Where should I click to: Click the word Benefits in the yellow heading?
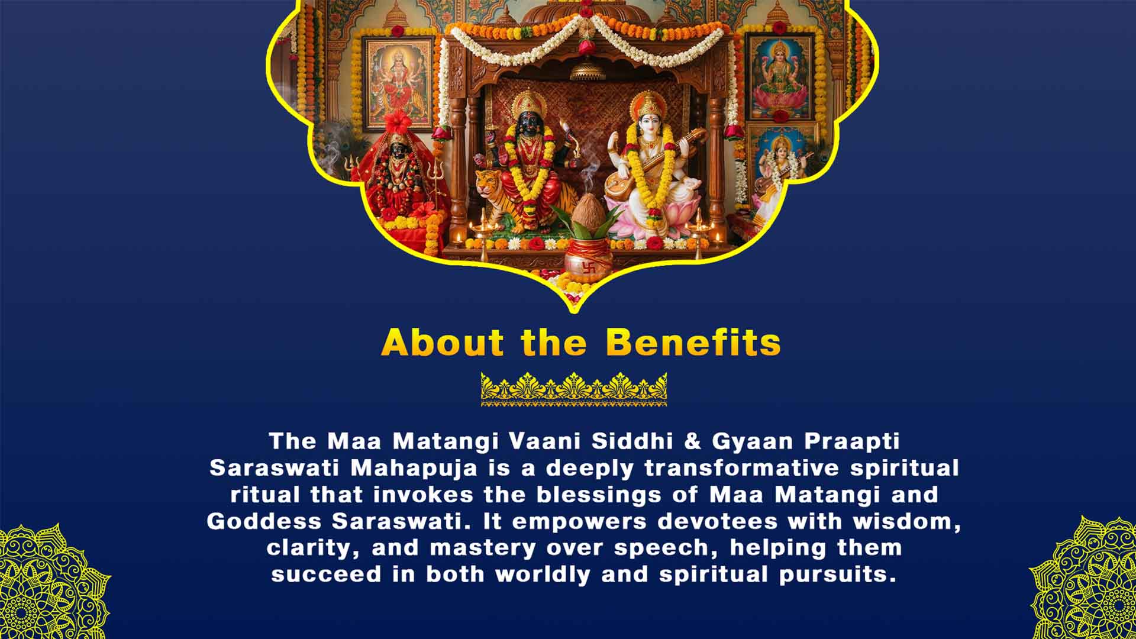click(693, 343)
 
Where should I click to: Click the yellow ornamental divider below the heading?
click(573, 389)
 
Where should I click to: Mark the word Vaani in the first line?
click(545, 441)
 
